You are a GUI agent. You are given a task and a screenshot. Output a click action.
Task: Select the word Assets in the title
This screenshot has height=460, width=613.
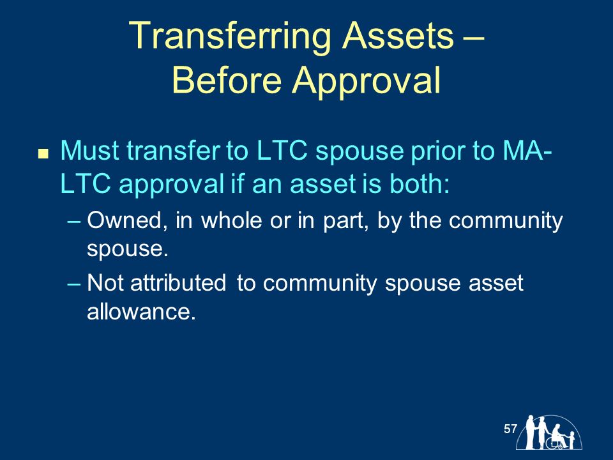(398, 35)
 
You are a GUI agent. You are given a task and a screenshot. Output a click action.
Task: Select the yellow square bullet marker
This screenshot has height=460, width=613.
(43, 153)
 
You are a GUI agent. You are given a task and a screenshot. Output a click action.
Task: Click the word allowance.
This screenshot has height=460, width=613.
(141, 311)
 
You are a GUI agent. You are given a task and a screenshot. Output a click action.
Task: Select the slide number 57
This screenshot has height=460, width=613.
(510, 429)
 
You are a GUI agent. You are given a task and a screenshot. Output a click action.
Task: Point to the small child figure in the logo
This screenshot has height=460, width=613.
(571, 440)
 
